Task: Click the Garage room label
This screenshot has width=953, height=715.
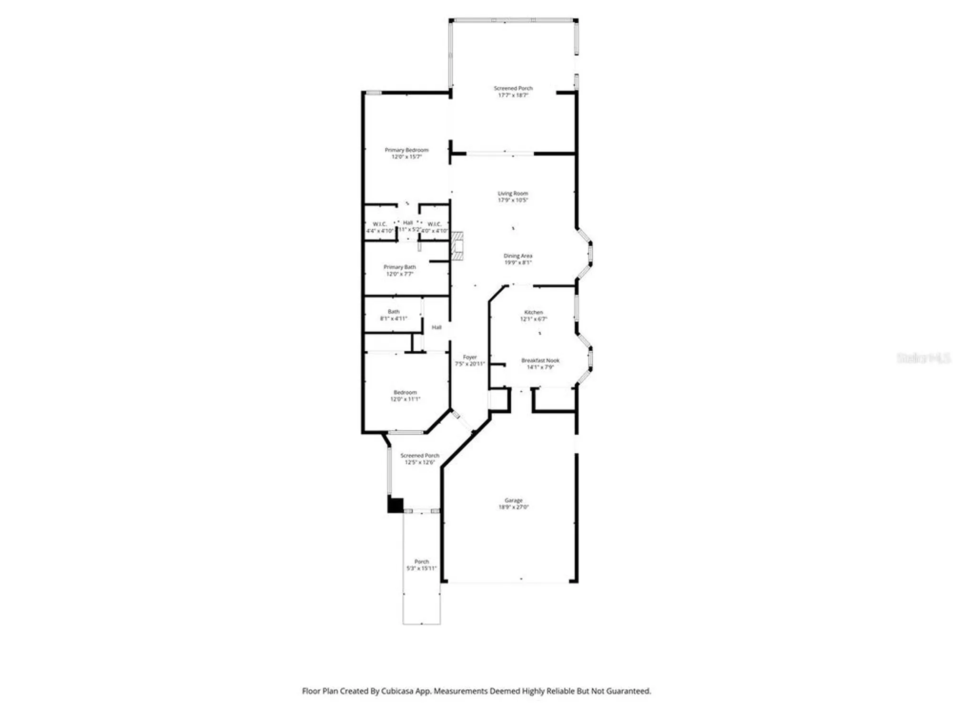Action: pos(513,503)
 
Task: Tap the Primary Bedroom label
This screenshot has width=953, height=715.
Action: pos(406,153)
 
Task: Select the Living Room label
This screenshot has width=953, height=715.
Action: pos(513,196)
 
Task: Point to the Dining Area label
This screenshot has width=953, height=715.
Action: pos(518,259)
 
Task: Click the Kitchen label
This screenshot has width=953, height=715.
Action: pos(533,315)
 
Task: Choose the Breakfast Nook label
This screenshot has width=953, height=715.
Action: pos(540,364)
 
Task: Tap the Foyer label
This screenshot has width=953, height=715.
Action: pos(469,360)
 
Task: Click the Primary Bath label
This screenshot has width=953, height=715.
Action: pos(399,270)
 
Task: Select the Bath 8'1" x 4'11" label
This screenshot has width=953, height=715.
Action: pos(393,315)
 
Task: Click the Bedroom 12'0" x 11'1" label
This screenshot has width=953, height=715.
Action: pos(405,396)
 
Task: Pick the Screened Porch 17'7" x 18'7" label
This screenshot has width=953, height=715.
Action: pos(513,92)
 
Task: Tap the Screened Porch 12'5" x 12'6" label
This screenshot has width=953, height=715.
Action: pos(419,459)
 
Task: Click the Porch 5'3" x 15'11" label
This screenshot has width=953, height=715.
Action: pos(421,565)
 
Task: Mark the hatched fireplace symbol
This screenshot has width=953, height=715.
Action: pos(457,246)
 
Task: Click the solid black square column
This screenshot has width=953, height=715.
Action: pos(395,505)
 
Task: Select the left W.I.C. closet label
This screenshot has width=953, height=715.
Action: pos(379,227)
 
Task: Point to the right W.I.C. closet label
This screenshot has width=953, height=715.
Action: pos(434,227)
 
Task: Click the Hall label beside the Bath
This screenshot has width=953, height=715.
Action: pos(436,327)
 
